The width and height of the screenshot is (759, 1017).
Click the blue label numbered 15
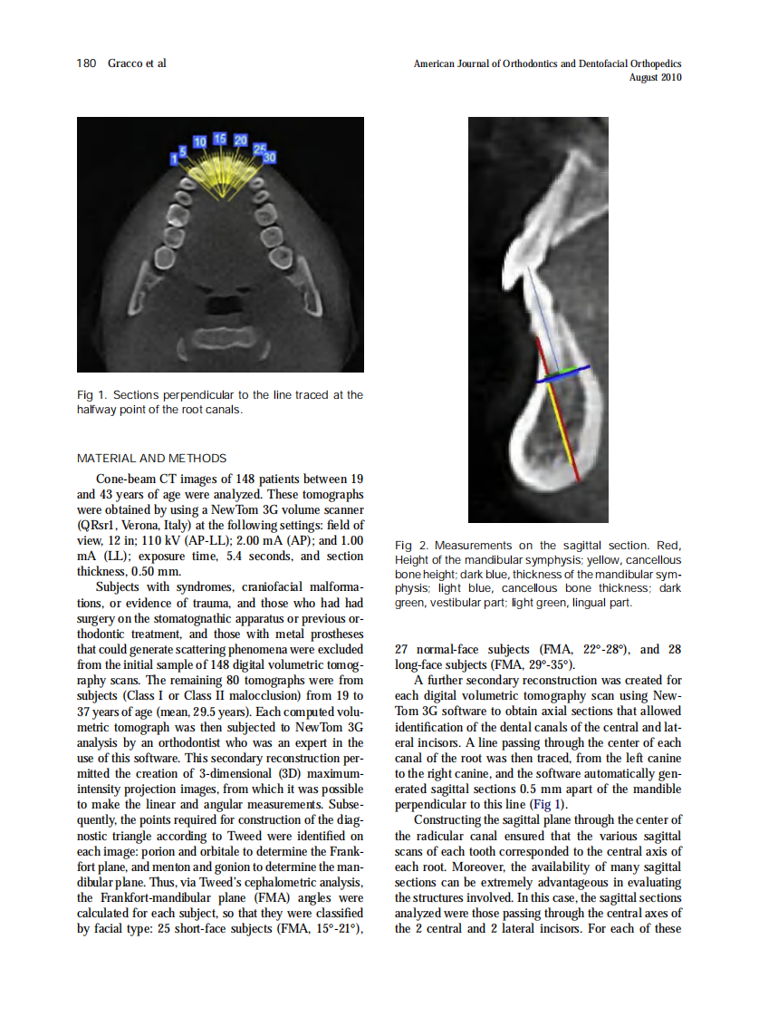[220, 139]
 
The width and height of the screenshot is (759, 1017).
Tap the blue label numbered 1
[173, 160]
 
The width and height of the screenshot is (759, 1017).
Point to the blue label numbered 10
[200, 141]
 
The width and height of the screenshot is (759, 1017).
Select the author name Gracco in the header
[125, 63]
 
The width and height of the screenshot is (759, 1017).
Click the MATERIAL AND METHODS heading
[152, 458]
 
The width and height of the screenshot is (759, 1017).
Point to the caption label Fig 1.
[90, 395]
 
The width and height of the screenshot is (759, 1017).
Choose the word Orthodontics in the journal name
[526, 63]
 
